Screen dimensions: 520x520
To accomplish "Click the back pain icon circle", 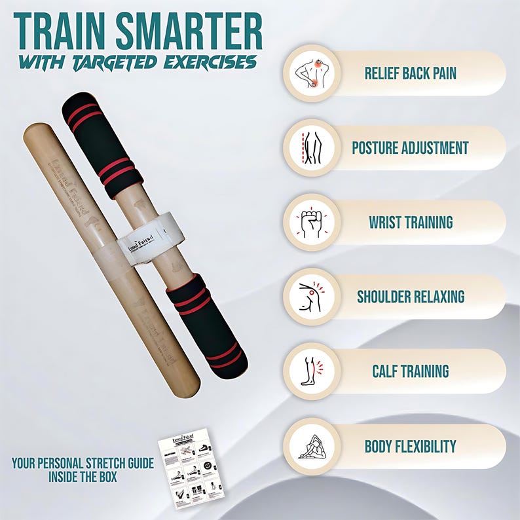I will (x=312, y=73).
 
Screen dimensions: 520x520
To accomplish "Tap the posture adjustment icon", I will (x=312, y=147).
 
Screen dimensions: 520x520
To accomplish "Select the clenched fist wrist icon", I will (x=312, y=222).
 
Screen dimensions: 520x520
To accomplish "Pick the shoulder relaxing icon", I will (x=312, y=297).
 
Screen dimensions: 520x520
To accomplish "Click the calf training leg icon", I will (x=312, y=371).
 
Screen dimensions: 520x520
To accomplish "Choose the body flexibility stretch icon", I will (x=312, y=446).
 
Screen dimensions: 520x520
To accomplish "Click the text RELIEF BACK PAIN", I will (x=410, y=73).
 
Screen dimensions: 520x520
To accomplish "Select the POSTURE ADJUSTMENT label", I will (x=410, y=147).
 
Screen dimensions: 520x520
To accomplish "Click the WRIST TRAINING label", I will (x=410, y=222).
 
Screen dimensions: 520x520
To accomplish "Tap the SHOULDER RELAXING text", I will (x=410, y=297).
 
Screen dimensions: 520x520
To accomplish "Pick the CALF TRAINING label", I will (x=410, y=371).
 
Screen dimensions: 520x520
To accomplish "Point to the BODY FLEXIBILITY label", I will (x=410, y=446).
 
